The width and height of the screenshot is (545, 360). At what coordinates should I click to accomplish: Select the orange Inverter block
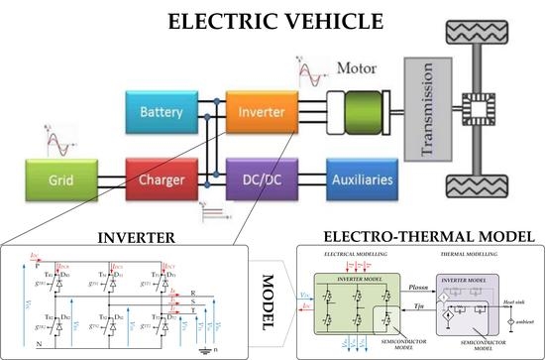(x=261, y=112)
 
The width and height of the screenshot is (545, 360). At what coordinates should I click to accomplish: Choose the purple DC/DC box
(x=261, y=182)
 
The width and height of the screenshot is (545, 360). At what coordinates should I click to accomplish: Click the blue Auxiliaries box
(x=367, y=182)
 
